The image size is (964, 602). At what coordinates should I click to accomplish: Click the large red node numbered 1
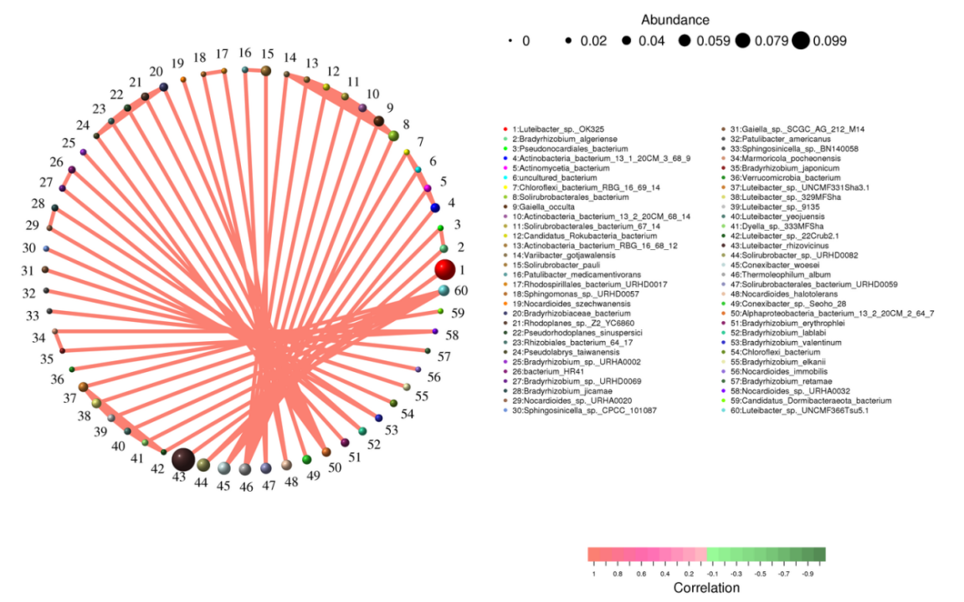pyautogui.click(x=445, y=269)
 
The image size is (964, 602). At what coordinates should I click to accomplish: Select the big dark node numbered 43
pyautogui.click(x=183, y=459)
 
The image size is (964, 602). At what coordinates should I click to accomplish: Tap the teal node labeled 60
pyautogui.click(x=444, y=290)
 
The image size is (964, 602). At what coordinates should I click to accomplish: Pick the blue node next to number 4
pyautogui.click(x=435, y=207)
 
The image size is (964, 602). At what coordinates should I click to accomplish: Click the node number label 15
pyautogui.click(x=268, y=54)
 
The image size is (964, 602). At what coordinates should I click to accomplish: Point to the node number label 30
pyautogui.click(x=29, y=248)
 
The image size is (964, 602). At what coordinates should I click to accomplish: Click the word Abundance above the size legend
pyautogui.click(x=675, y=19)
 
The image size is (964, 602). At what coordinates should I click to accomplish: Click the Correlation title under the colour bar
pyautogui.click(x=706, y=588)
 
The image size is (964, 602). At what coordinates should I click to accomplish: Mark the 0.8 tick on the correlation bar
pyautogui.click(x=618, y=574)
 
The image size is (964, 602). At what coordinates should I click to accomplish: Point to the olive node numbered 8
pyautogui.click(x=393, y=135)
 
